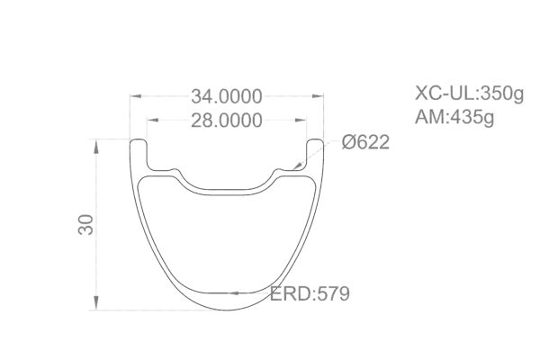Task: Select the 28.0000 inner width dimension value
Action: click(x=226, y=121)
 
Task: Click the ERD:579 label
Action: click(x=310, y=294)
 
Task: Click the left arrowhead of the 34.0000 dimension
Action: click(x=135, y=96)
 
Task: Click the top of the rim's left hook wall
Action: click(x=139, y=140)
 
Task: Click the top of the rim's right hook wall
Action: click(x=316, y=140)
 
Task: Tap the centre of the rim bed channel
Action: click(x=228, y=188)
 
